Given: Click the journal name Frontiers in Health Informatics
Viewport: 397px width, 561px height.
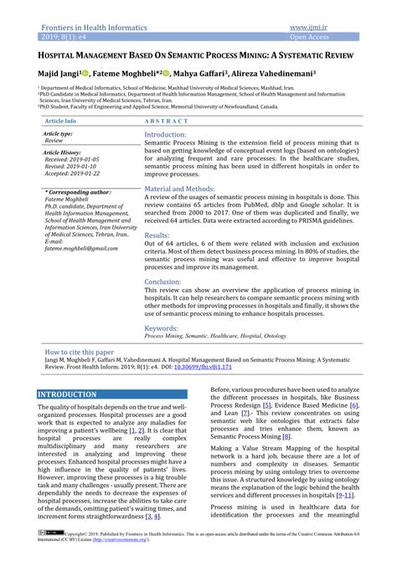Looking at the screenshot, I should [x=92, y=28].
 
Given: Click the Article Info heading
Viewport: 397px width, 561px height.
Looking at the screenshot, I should [x=59, y=121].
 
